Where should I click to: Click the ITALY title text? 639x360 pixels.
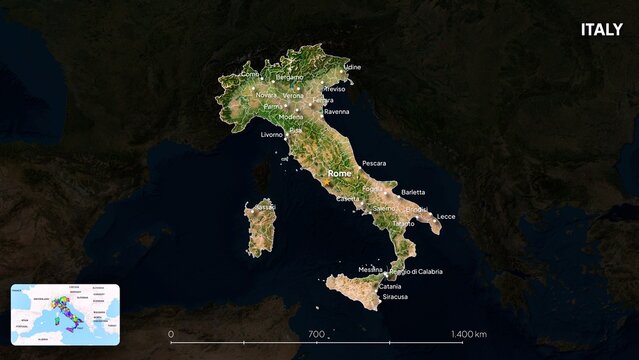click(x=601, y=29)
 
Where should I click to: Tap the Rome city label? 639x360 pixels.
click(x=341, y=174)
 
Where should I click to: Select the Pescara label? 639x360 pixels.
click(x=374, y=162)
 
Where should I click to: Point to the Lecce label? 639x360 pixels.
click(x=446, y=216)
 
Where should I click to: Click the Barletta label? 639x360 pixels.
click(x=413, y=192)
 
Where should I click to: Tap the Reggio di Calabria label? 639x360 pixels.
click(x=416, y=271)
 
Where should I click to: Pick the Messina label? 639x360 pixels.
click(x=370, y=269)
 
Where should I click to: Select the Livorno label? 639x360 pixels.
click(x=272, y=134)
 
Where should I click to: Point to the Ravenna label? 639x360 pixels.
click(x=336, y=112)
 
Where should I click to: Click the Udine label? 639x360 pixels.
click(x=351, y=67)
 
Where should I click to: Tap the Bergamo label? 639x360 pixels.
click(x=289, y=77)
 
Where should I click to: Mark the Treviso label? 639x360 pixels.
click(x=333, y=89)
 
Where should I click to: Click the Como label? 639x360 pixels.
click(x=250, y=74)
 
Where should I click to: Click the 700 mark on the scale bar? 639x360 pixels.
click(x=317, y=334)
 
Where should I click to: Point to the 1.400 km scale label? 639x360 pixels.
click(x=468, y=334)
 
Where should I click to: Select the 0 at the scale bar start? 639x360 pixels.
click(x=171, y=334)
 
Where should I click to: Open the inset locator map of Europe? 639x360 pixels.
click(x=65, y=313)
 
